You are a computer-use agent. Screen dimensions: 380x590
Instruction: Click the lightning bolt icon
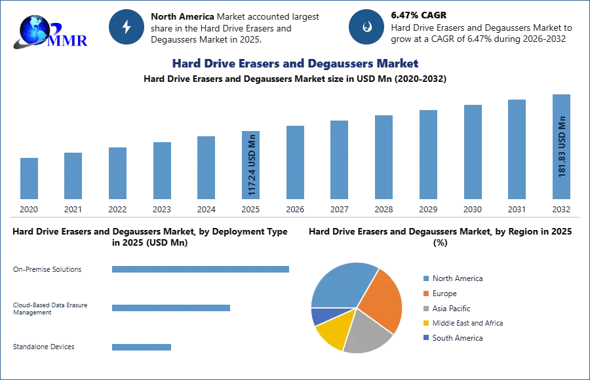pyautogui.click(x=127, y=27)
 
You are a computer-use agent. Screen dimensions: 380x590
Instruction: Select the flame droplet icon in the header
pyautogui.click(x=367, y=27)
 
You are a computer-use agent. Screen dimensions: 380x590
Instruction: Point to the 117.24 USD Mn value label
pyautogui.click(x=252, y=164)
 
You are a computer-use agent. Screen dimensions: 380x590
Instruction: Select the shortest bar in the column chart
pyautogui.click(x=29, y=178)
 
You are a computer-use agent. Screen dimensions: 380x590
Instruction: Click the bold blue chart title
pyautogui.click(x=294, y=64)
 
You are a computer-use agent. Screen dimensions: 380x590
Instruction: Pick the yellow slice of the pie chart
pyautogui.click(x=332, y=331)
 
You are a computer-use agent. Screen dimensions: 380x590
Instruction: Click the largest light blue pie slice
pyautogui.click(x=341, y=283)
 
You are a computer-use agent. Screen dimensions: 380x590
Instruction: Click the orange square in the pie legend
pyautogui.click(x=425, y=294)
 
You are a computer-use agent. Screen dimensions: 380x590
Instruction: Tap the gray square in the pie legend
pyautogui.click(x=425, y=309)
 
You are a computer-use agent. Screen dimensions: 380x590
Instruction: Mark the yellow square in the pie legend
pyautogui.click(x=425, y=324)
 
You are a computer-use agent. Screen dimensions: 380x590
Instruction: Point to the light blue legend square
pyautogui.click(x=425, y=278)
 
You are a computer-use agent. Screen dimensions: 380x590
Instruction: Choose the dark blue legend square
pyautogui.click(x=425, y=337)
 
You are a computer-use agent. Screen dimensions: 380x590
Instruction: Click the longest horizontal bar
pyautogui.click(x=201, y=267)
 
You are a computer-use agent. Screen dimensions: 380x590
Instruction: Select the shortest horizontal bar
pyautogui.click(x=141, y=346)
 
